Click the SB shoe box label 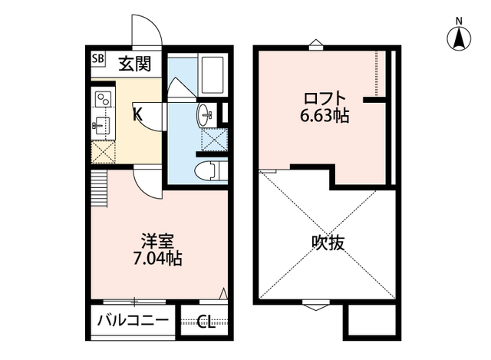click(98, 58)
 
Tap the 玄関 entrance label click(135, 64)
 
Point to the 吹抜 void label click(328, 243)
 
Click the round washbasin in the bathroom click(205, 116)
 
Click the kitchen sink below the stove click(101, 125)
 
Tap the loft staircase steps click(99, 189)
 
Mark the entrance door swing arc click(146, 29)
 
